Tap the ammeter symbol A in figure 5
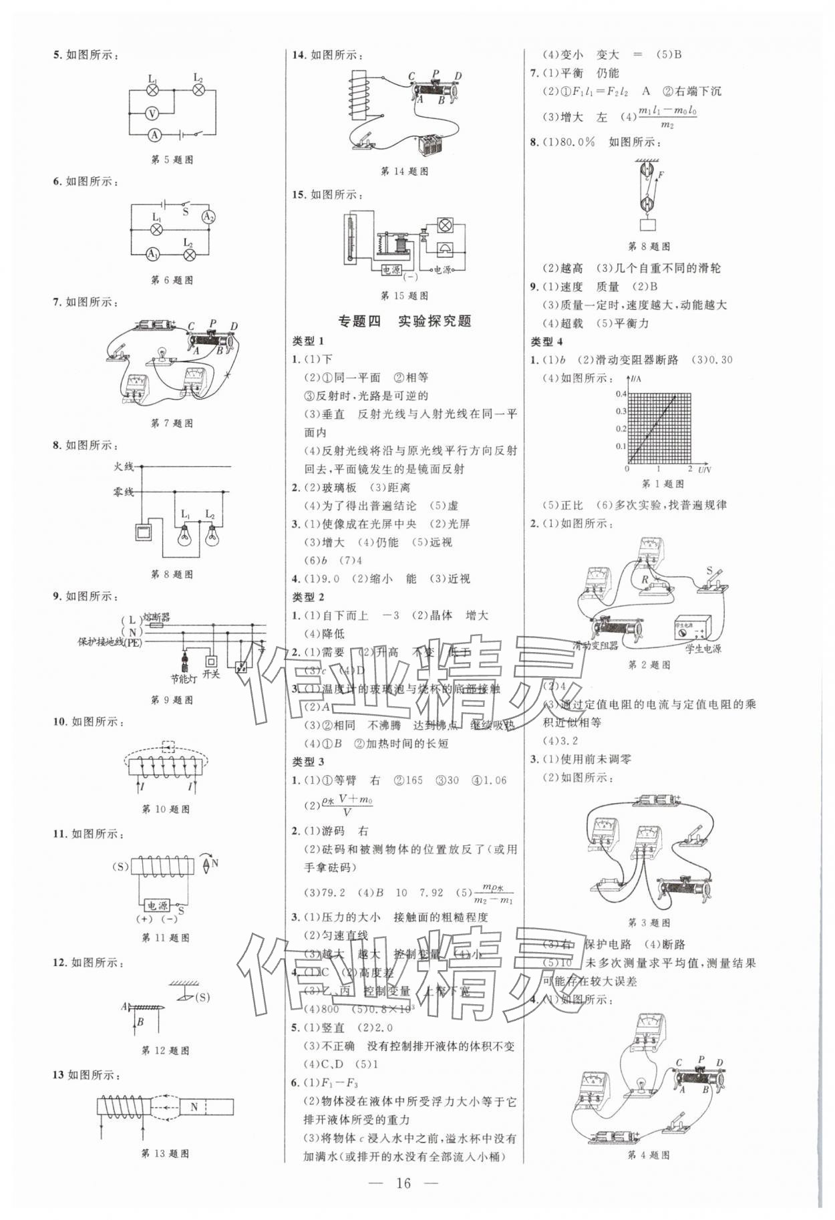pos(154,135)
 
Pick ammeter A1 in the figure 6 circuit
pos(153,254)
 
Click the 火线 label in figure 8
pos(124,466)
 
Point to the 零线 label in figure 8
pos(124,492)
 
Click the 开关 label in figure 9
pos(211,674)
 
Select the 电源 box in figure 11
pos(158,906)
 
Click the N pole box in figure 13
pos(194,1106)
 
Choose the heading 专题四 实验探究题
pos(404,321)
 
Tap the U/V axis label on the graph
pos(704,470)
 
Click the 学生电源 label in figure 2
pos(703,648)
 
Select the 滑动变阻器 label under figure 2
pos(596,645)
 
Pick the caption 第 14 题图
pos(404,172)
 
